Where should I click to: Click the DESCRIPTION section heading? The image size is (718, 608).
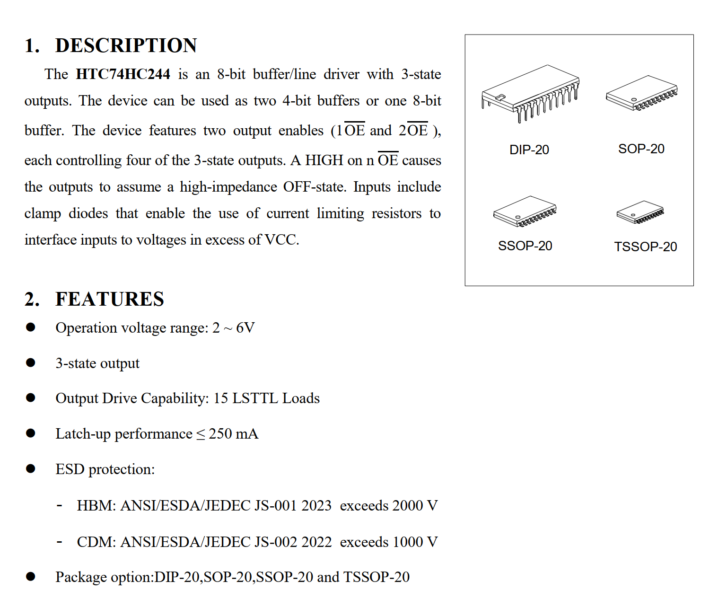pos(126,46)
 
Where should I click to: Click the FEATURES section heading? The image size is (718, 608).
pos(109,300)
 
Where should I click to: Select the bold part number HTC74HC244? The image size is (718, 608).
pos(123,75)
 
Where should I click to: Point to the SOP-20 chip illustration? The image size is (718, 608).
pos(642,93)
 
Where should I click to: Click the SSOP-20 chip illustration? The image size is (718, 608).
pos(525,211)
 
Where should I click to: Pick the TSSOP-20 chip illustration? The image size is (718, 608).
pos(640,212)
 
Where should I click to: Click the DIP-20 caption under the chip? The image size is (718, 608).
pos(529,150)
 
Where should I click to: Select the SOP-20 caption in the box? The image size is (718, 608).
pos(641,149)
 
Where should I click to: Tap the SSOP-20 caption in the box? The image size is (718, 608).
pos(525,246)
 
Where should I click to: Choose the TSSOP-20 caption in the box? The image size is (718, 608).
pos(646,247)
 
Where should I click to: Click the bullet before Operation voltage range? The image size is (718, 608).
pos(31,327)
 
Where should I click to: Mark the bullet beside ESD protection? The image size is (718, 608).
pos(31,469)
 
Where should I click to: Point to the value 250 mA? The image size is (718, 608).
pos(234,434)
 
